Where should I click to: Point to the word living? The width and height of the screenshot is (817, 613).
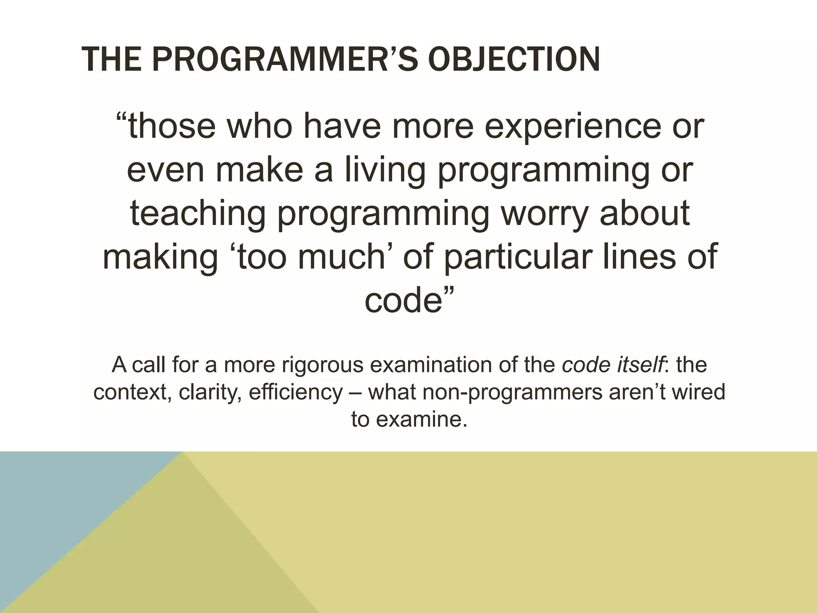click(385, 170)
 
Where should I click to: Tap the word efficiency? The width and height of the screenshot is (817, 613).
click(295, 392)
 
